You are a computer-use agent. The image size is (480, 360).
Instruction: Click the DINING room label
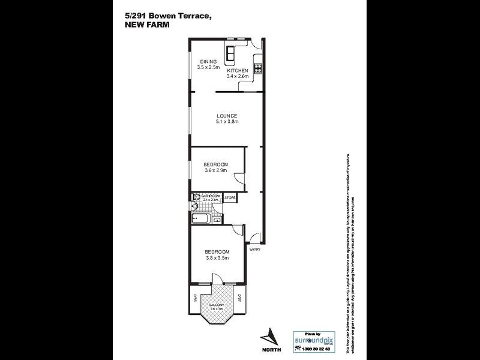click(x=208, y=61)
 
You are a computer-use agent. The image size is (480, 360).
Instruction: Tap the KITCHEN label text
click(x=238, y=71)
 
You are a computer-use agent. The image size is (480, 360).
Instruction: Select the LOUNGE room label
click(x=227, y=116)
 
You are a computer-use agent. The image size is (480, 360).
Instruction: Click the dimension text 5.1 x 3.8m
click(x=227, y=122)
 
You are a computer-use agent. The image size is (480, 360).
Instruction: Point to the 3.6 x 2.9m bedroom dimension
click(x=214, y=171)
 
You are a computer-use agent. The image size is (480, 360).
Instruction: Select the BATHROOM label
click(x=210, y=196)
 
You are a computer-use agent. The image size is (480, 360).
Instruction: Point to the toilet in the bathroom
click(x=194, y=199)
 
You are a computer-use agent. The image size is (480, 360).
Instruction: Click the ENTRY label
click(x=255, y=250)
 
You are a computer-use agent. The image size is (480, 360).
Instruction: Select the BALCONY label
click(x=217, y=305)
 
